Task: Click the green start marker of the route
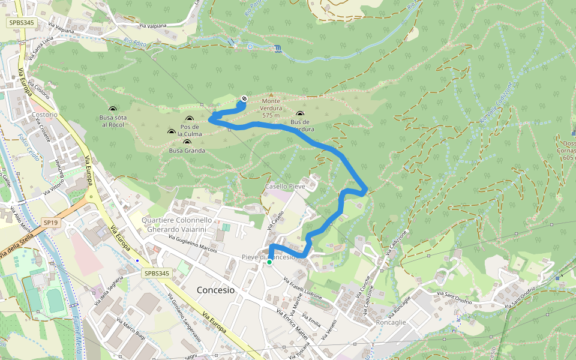pyautogui.click(x=269, y=262)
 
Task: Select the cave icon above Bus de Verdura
pyautogui.click(x=300, y=114)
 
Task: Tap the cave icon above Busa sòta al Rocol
pyautogui.click(x=112, y=109)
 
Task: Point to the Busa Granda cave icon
pyautogui.click(x=187, y=142)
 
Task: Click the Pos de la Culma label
pyautogui.click(x=190, y=130)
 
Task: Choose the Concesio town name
pyautogui.click(x=216, y=290)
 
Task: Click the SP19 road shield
pyautogui.click(x=50, y=222)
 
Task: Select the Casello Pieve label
pyautogui.click(x=286, y=187)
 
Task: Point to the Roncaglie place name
pyautogui.click(x=391, y=322)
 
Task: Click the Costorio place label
pyautogui.click(x=45, y=115)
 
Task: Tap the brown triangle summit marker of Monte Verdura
pyautogui.click(x=271, y=94)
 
